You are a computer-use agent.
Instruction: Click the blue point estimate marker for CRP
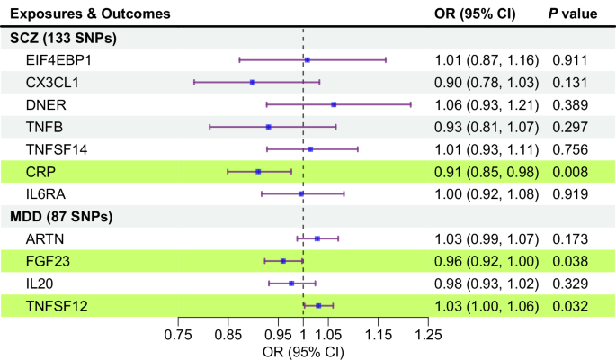(x=258, y=171)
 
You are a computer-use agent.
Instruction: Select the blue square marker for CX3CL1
(x=253, y=82)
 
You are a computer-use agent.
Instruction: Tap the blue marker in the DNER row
(x=334, y=104)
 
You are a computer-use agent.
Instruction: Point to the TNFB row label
(x=45, y=127)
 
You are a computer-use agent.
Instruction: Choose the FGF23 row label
(x=49, y=261)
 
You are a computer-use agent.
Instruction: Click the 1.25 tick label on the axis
(x=427, y=335)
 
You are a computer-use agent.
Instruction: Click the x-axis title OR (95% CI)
(x=303, y=350)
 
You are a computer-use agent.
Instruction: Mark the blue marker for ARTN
(x=317, y=238)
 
